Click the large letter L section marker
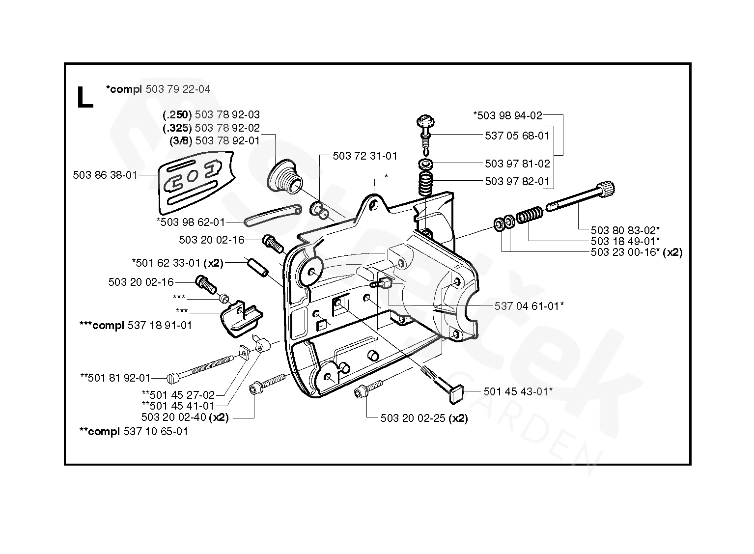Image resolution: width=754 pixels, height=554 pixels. click(x=85, y=97)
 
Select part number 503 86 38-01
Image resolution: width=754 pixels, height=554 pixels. click(x=105, y=175)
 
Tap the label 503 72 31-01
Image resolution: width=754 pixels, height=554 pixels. click(x=365, y=156)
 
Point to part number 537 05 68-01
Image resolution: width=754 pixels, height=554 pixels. click(x=517, y=136)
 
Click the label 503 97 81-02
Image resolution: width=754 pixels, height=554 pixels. click(x=517, y=164)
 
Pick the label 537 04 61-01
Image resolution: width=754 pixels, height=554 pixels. click(x=529, y=306)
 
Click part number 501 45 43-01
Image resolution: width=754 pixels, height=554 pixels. click(x=518, y=391)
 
